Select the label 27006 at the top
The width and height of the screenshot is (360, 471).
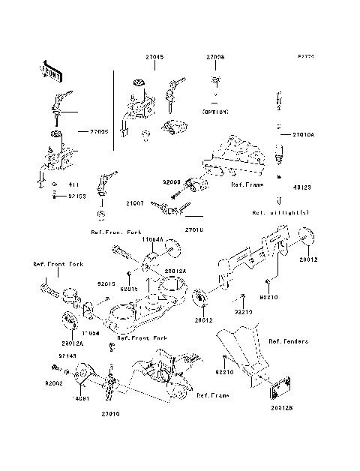[215, 57]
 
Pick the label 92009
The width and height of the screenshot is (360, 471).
[171, 181]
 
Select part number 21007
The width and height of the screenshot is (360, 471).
[136, 202]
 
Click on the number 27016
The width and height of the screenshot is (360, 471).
[193, 230]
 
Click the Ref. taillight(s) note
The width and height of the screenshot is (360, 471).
[280, 211]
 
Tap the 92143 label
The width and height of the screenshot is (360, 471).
[67, 357]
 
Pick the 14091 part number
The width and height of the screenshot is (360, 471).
[80, 398]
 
